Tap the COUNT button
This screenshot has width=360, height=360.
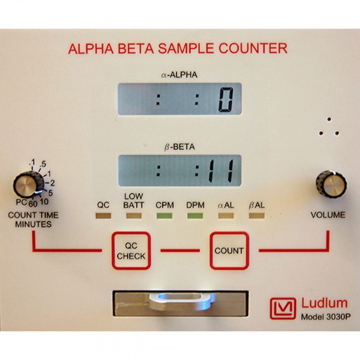coord(229,250)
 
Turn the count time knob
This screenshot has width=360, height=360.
coord(28,184)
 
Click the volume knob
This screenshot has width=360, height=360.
coord(331,184)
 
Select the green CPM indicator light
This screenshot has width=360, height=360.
coord(164,216)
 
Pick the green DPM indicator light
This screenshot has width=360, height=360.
coord(195,216)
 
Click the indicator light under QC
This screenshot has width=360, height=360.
coord(103,216)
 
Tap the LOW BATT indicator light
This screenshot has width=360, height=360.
coord(134,216)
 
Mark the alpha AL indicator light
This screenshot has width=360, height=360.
coord(226,216)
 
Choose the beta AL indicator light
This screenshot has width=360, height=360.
coord(257,216)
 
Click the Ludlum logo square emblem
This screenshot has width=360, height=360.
coord(283,309)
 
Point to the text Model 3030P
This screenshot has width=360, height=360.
coord(326,317)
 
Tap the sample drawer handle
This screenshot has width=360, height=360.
coord(181,301)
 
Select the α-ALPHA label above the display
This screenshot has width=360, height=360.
coord(179,75)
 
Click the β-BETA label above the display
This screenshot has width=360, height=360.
coord(179,147)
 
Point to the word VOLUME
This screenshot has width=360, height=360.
coord(328,215)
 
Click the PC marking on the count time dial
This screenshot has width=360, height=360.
coord(21,202)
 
